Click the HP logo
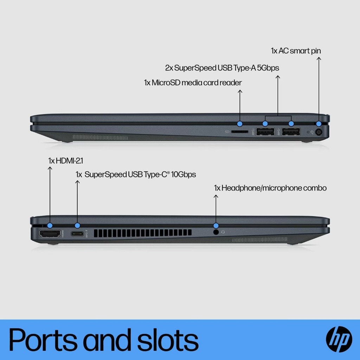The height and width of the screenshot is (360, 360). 339,339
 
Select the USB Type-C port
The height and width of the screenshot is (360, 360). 77,233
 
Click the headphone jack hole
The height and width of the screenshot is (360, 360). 216,232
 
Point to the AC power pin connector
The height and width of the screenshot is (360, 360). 319,132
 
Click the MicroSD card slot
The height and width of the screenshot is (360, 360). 240,131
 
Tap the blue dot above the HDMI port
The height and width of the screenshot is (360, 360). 50,225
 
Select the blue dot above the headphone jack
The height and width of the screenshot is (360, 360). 216,225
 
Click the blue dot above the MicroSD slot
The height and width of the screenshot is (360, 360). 240,124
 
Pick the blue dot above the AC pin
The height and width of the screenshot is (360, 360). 319,124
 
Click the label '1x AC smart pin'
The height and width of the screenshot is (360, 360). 296,51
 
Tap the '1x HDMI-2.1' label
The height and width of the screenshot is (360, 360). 65,161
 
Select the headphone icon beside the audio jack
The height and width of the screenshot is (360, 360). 223,232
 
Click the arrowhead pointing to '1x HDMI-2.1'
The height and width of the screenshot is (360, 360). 50,169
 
